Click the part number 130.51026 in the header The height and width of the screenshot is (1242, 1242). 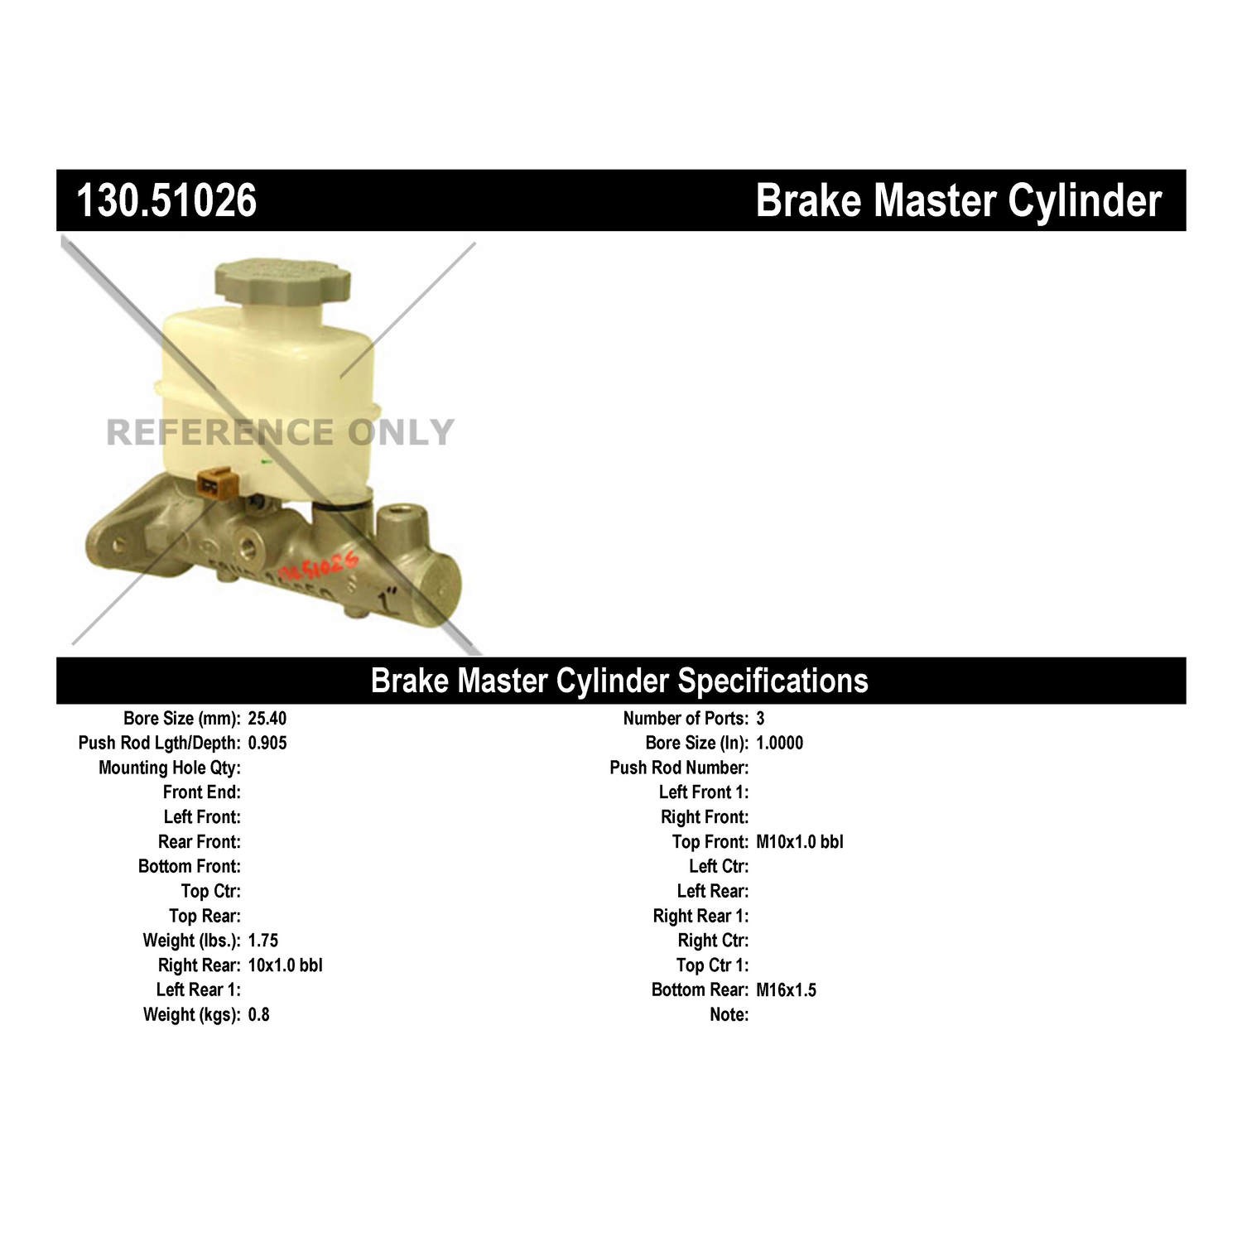point(166,200)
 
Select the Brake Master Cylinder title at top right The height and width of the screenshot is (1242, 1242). point(958,200)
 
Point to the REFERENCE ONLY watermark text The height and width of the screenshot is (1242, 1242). point(280,432)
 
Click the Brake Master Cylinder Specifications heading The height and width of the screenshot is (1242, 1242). point(619,681)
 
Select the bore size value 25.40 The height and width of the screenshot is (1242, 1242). point(267,718)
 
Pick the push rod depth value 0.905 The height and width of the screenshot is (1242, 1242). point(267,743)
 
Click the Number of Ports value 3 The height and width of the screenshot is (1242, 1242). point(760,718)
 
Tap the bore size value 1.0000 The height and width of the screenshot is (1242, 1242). point(779,743)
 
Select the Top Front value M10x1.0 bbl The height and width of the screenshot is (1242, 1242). point(799,842)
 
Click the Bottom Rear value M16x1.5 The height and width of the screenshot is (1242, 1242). point(786,990)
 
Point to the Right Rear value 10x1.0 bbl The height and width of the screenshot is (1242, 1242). point(285,965)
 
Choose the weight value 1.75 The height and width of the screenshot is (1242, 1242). point(262,941)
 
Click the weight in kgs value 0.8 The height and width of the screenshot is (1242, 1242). point(258,1015)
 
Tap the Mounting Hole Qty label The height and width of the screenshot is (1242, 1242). point(170,768)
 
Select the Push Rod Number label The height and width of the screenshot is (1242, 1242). point(679,768)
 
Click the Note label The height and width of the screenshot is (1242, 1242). point(729,1015)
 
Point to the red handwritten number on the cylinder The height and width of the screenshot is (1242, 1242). point(319,568)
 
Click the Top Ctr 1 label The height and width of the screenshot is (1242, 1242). point(712,965)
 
